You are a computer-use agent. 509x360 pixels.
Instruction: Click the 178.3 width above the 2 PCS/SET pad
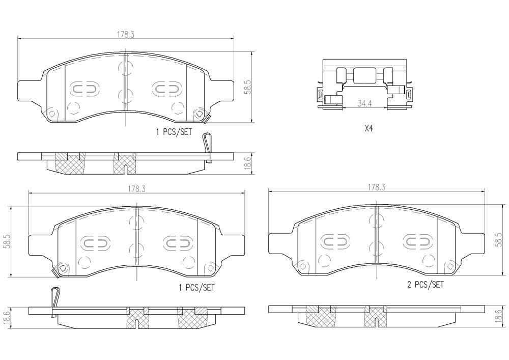[377, 187]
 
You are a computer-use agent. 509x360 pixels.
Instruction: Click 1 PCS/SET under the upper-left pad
[174, 131]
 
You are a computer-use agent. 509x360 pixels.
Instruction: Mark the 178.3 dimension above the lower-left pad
[136, 188]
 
